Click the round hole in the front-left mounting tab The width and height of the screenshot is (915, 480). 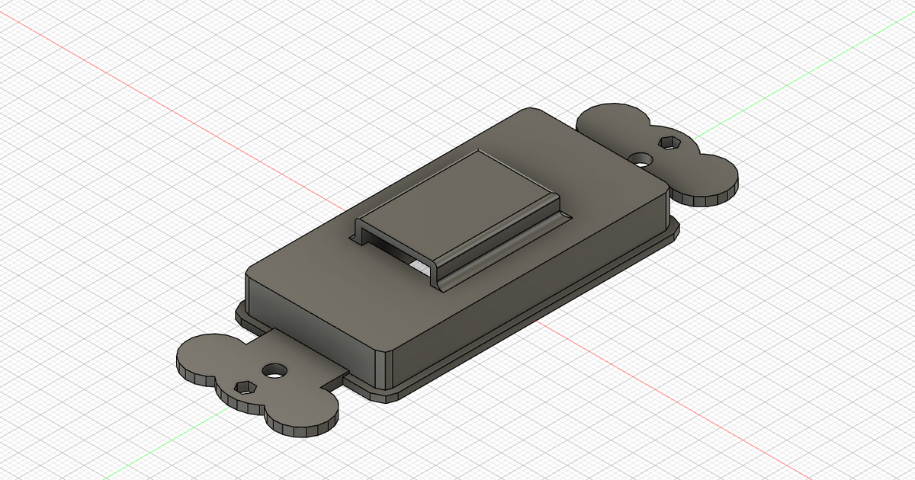click(x=273, y=371)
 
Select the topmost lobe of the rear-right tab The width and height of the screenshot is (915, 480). click(x=610, y=118)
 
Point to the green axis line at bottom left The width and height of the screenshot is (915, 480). click(x=76, y=457)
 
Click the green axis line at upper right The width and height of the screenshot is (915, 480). click(x=801, y=76)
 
